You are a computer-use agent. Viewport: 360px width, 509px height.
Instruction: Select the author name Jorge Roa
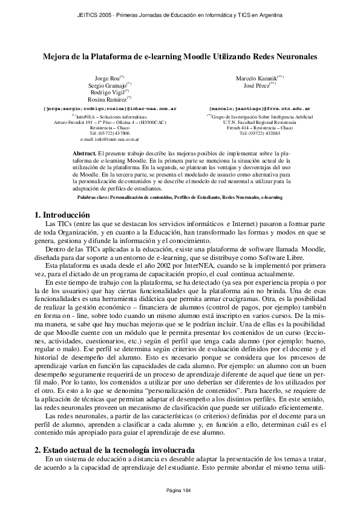tap(108, 79)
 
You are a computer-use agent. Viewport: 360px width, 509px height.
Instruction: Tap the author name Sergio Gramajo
tap(106, 85)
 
